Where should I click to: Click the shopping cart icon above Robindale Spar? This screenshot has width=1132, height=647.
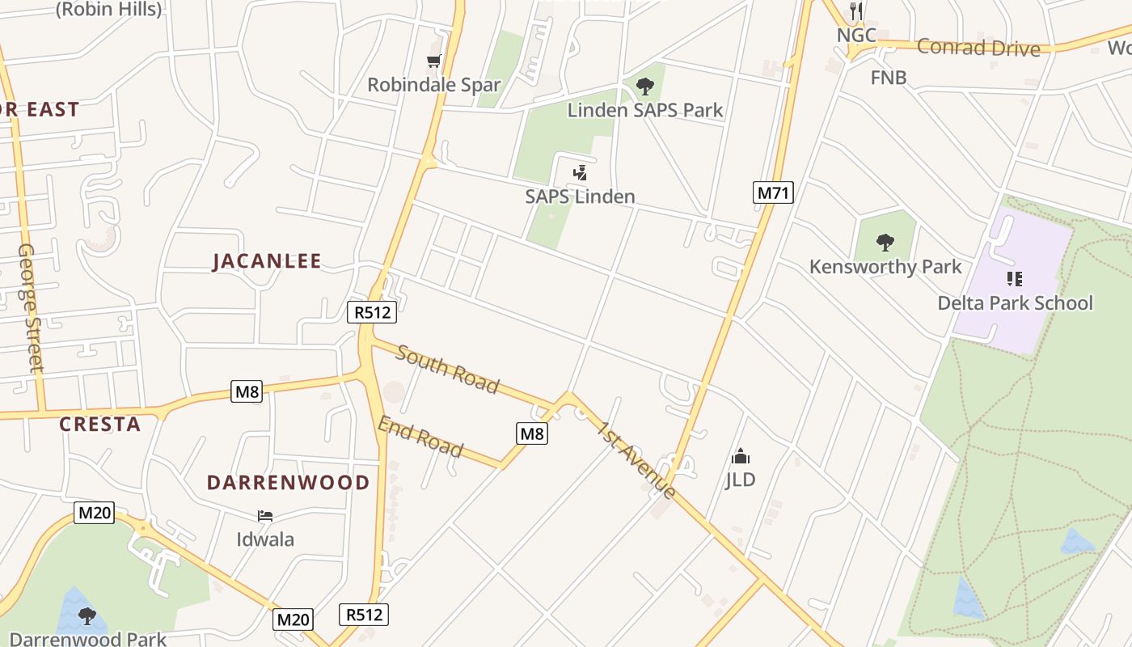[434, 61]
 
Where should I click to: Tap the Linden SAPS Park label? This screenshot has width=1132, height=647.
[644, 110]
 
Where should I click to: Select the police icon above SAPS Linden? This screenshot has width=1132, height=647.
[580, 172]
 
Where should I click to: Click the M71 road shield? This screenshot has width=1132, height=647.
[773, 192]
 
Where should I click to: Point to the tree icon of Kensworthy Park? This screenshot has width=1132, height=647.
[885, 242]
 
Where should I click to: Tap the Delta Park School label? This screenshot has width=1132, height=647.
[1015, 303]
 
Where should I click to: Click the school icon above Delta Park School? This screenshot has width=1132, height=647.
[1015, 279]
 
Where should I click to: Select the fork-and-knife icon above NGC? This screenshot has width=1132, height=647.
[857, 11]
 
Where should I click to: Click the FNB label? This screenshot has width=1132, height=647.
[889, 78]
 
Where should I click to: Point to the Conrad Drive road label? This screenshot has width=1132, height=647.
[978, 48]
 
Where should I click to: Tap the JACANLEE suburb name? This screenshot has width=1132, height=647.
[267, 261]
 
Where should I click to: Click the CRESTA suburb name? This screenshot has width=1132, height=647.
[100, 425]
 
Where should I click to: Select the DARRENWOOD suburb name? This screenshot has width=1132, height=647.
[288, 483]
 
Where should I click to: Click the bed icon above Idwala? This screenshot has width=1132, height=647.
[265, 516]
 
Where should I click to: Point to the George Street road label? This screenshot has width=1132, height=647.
[30, 307]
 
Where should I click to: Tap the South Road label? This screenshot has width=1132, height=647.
[447, 370]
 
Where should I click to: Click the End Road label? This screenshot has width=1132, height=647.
[420, 437]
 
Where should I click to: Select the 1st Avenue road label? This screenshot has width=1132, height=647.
[636, 459]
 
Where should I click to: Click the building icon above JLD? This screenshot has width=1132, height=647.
[740, 457]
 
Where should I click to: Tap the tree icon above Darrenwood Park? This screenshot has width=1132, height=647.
[87, 616]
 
